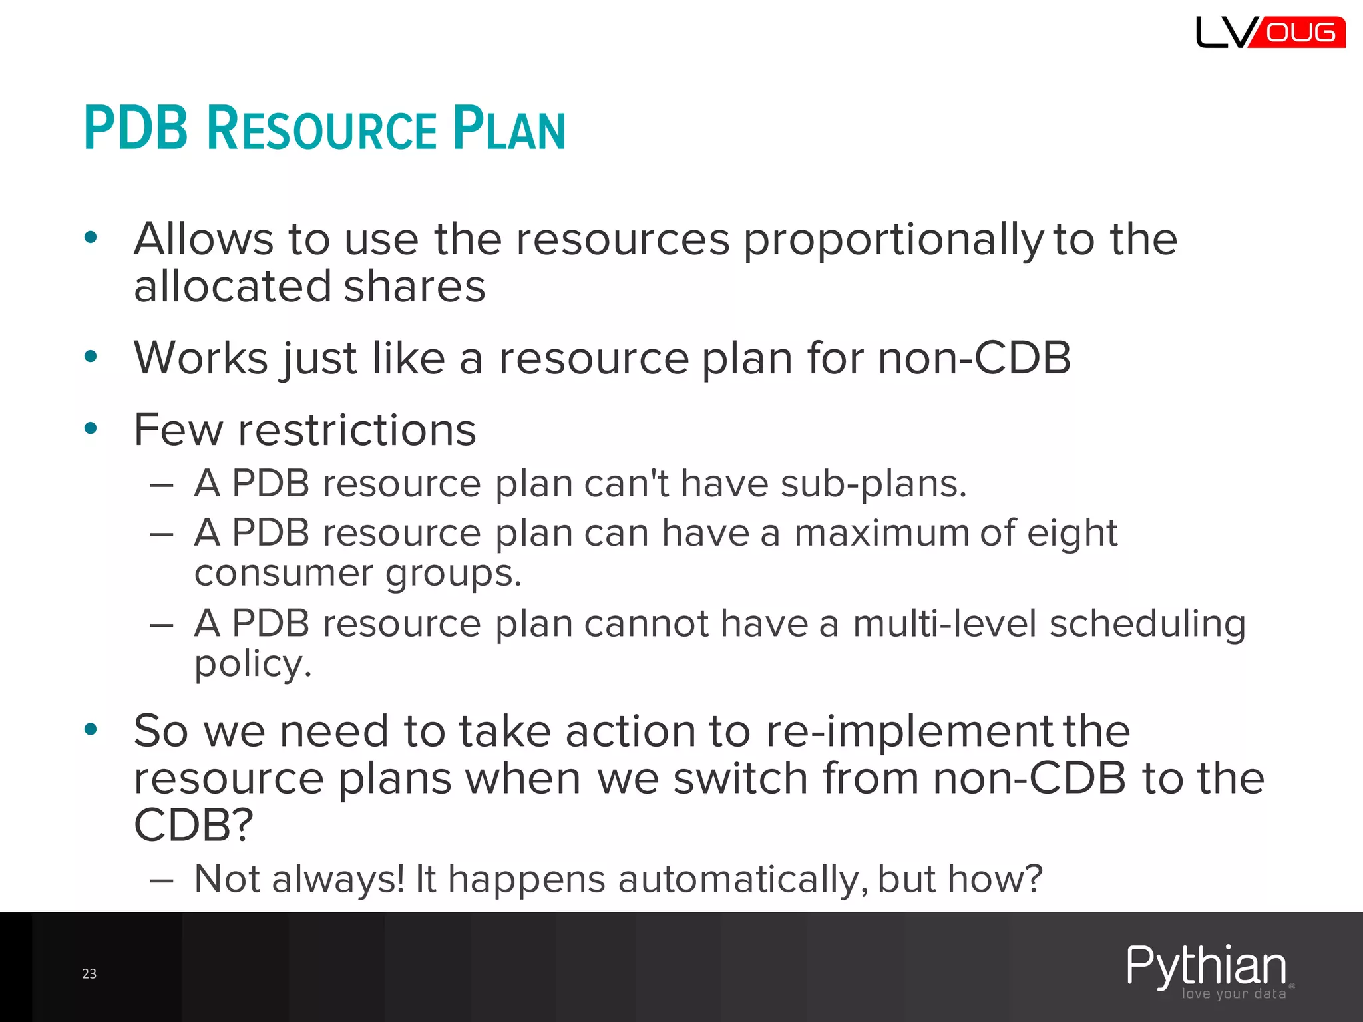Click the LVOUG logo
pyautogui.click(x=1270, y=32)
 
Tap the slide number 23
pyautogui.click(x=89, y=974)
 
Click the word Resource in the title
pyautogui.click(x=321, y=128)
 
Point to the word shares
pyautogui.click(x=415, y=286)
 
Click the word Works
pyautogui.click(x=200, y=358)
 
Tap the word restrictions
pyautogui.click(x=357, y=430)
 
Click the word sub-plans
pyautogui.click(x=873, y=484)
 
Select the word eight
pyautogui.click(x=1071, y=534)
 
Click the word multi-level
pyautogui.click(x=944, y=624)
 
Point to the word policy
pyautogui.click(x=253, y=665)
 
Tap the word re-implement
pyautogui.click(x=910, y=731)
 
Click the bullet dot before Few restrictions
pyautogui.click(x=91, y=428)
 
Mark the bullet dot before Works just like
pyautogui.click(x=91, y=357)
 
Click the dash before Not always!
pyautogui.click(x=162, y=881)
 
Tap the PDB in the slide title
pyautogui.click(x=136, y=128)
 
